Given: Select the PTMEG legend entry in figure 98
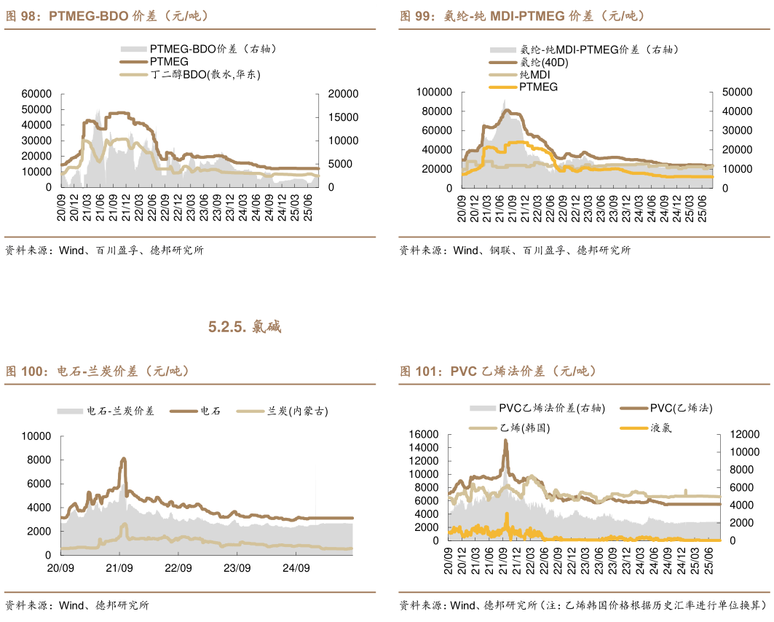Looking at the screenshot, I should tap(169, 62).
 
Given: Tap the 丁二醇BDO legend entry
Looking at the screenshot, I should tap(205, 74).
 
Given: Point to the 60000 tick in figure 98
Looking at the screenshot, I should tap(36, 94).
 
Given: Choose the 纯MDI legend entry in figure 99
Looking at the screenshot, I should tap(534, 75).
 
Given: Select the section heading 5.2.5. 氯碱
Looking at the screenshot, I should tap(245, 327).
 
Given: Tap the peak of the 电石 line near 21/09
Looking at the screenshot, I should tap(123, 459).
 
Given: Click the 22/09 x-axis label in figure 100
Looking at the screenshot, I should tap(178, 568).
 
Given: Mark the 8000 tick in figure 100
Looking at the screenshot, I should tap(36, 460).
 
